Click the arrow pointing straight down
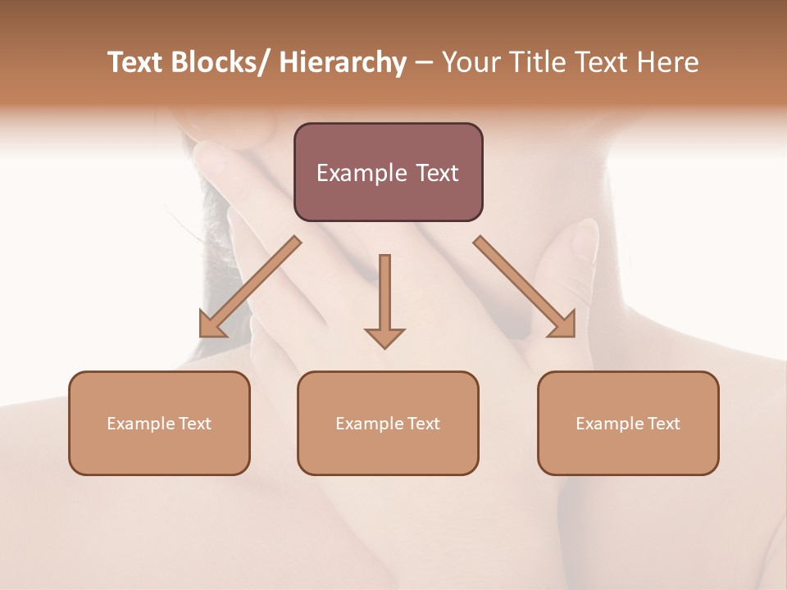[384, 299]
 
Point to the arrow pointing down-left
[250, 287]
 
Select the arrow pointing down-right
[525, 287]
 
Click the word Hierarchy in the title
[343, 62]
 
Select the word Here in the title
[666, 62]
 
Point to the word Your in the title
[470, 62]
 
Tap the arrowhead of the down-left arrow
[211, 326]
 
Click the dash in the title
[424, 62]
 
